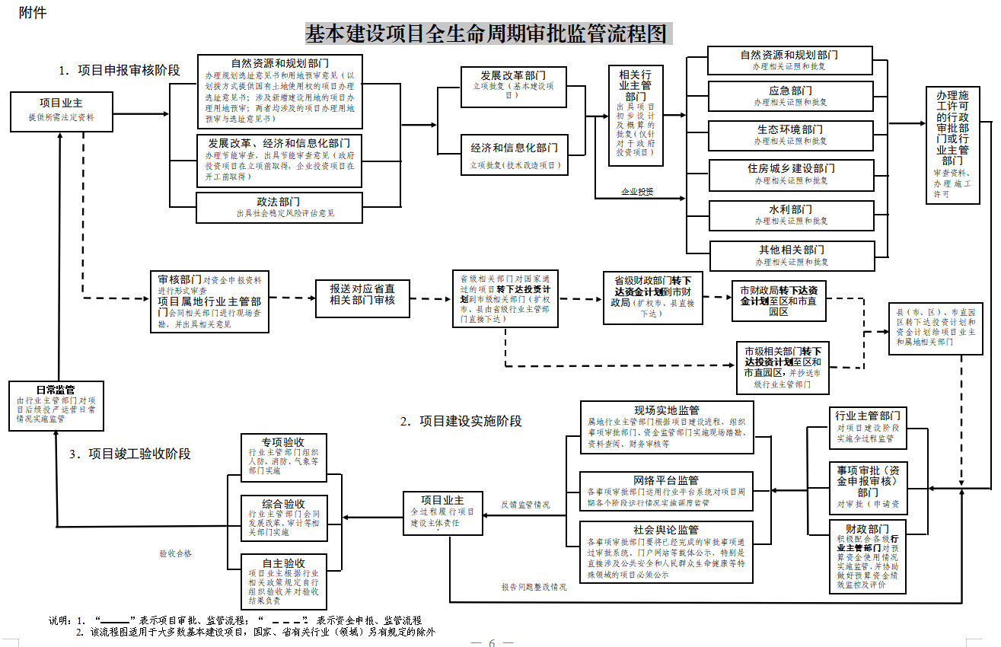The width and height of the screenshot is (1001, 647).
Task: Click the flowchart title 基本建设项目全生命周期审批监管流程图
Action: [x=486, y=34]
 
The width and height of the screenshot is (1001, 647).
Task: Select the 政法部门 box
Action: [x=278, y=207]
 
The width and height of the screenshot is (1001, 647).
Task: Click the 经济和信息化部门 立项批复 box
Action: [x=514, y=155]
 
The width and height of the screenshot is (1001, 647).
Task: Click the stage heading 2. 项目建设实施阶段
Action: [x=461, y=421]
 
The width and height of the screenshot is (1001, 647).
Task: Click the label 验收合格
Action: [x=175, y=553]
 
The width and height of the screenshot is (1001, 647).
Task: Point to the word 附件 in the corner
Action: [x=33, y=14]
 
